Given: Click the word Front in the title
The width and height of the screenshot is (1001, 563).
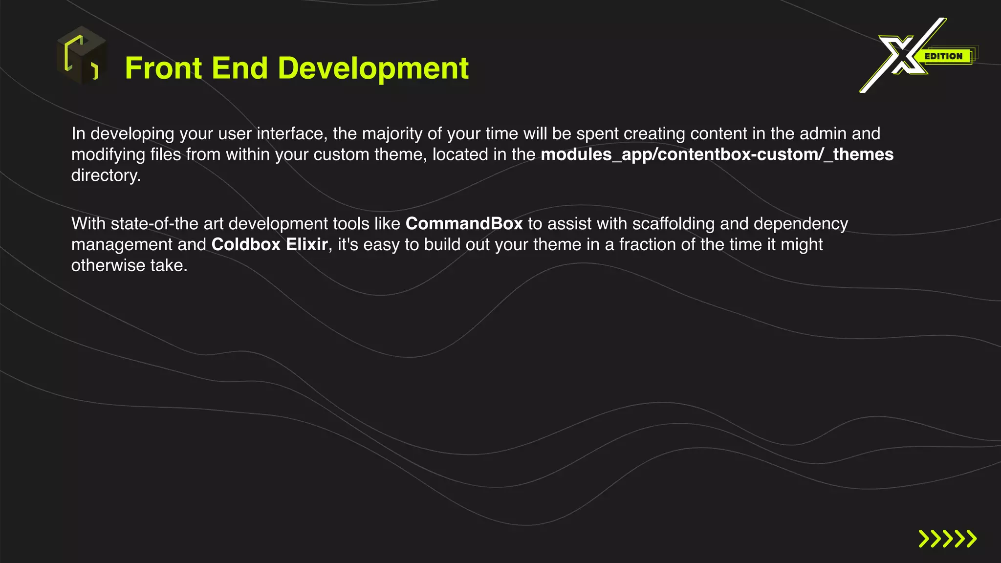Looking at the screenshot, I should click(163, 68).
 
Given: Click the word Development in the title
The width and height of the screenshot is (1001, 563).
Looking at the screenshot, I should click(373, 68).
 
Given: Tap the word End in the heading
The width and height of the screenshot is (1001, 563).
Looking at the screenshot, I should click(239, 68).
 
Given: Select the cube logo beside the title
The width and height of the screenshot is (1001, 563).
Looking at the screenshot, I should click(82, 55).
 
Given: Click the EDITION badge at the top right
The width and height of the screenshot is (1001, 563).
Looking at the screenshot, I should click(943, 56).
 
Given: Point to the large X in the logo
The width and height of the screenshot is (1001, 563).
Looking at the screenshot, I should click(902, 55).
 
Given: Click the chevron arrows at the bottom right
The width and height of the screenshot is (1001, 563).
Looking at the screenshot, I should click(947, 539).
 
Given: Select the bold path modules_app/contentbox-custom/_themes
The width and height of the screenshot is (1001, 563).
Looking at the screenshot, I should click(717, 154).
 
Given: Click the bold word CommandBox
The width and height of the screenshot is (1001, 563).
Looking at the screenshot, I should click(464, 224).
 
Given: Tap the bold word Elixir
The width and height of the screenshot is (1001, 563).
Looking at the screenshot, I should click(306, 244).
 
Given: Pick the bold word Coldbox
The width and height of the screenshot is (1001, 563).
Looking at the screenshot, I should click(246, 244).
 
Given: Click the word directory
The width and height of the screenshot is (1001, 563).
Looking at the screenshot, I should click(106, 175).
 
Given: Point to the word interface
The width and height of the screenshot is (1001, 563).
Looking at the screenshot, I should click(291, 133).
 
